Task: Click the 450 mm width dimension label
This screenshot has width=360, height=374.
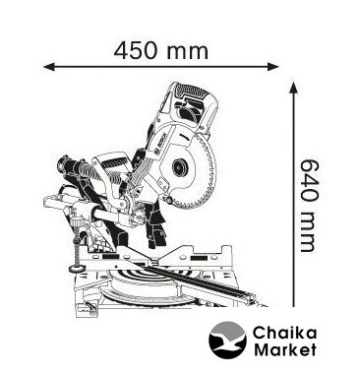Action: click(161, 51)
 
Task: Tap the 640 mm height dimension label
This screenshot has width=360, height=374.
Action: click(309, 206)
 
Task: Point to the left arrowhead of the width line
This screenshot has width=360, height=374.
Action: click(49, 67)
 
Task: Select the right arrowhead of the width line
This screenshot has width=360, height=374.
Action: click(273, 67)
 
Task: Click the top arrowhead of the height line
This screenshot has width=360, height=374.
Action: click(293, 88)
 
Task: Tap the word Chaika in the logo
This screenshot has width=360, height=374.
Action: click(284, 334)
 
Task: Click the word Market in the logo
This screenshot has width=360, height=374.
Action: click(285, 349)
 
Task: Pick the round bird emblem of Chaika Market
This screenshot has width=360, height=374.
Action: click(227, 341)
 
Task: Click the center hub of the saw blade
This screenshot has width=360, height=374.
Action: click(180, 168)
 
